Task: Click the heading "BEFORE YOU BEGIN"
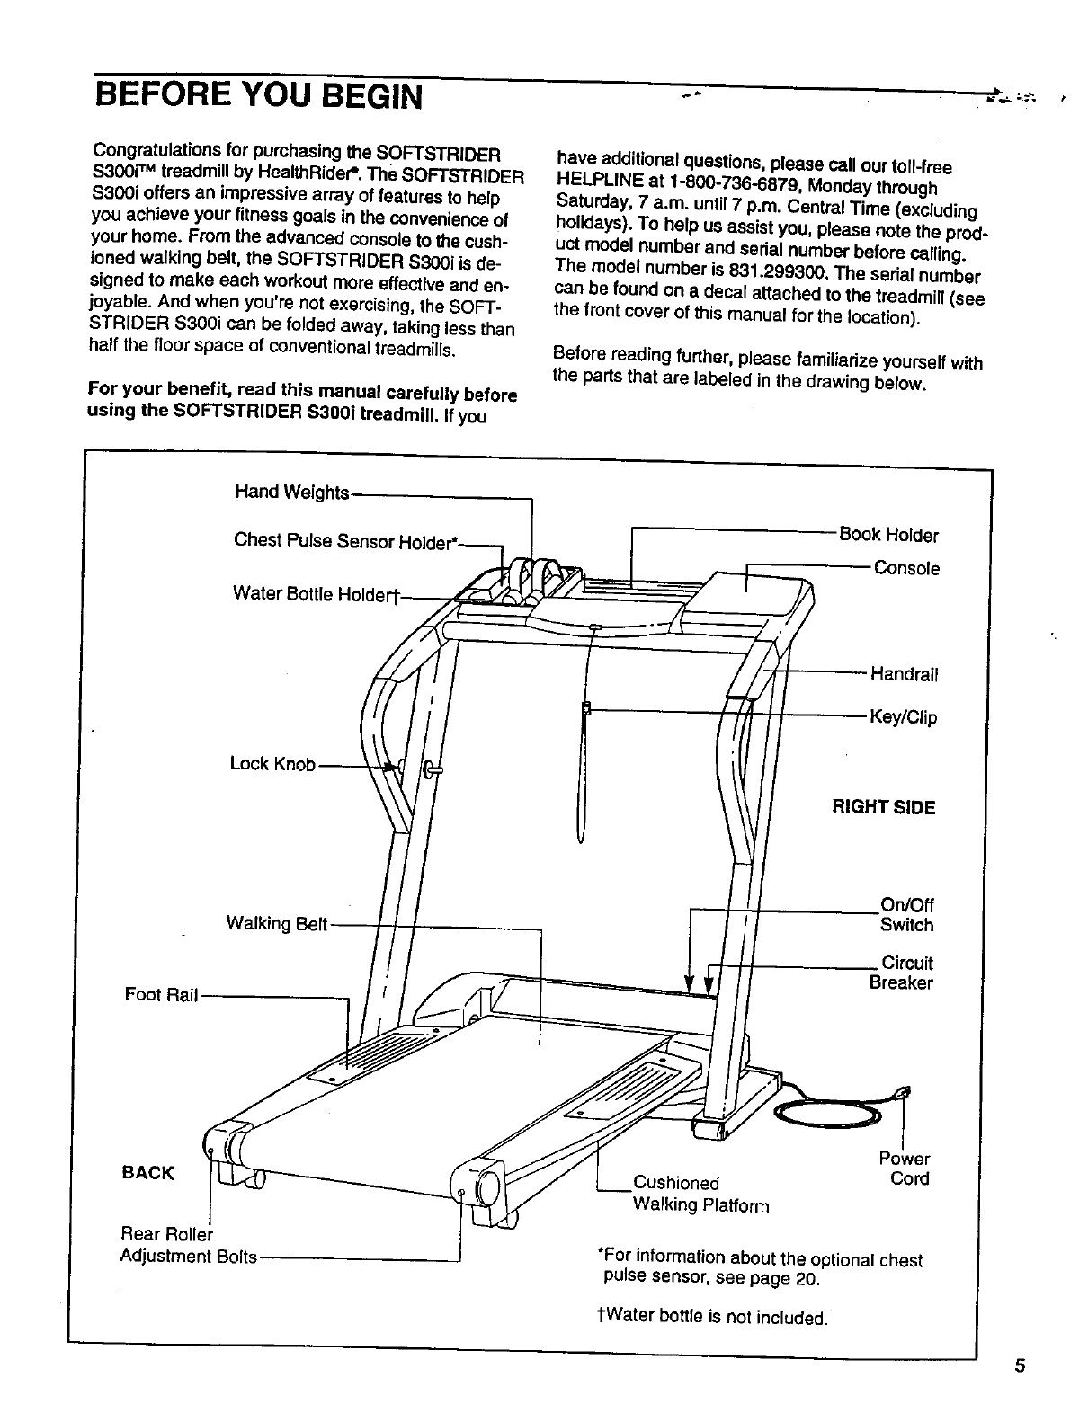coord(259,93)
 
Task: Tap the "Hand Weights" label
coord(290,492)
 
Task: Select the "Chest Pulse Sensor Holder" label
coord(346,541)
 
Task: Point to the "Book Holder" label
coord(887,536)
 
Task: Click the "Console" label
coord(906,569)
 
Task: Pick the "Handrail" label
coord(905,674)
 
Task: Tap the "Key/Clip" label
coord(902,717)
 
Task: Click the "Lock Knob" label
coord(272,764)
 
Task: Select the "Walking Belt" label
coord(276,924)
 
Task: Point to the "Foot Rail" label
coord(160,994)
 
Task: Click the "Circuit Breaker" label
coord(902,973)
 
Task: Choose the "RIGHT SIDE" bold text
coord(883,807)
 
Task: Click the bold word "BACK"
coord(147,1173)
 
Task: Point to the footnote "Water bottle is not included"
coord(710,1318)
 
